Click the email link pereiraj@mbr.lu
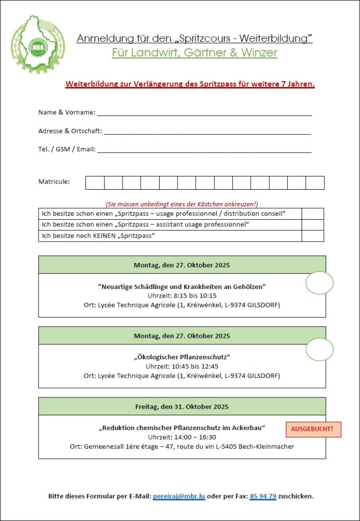pyautogui.click(x=178, y=496)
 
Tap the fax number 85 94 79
pyautogui.click(x=262, y=496)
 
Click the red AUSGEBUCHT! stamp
pyautogui.click(x=313, y=429)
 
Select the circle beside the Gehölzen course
pyautogui.click(x=319, y=283)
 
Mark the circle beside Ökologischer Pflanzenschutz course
pyautogui.click(x=319, y=350)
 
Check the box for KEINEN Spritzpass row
pyautogui.click(x=312, y=236)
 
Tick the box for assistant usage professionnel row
pyautogui.click(x=312, y=225)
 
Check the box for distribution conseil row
pyautogui.click(x=312, y=214)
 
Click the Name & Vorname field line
pyautogui.click(x=204, y=113)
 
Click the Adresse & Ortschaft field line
pyautogui.click(x=206, y=132)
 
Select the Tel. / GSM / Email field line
pyautogui.click(x=204, y=151)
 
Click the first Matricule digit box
pyautogui.click(x=95, y=183)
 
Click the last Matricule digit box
pyautogui.click(x=315, y=183)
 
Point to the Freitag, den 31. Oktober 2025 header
pyautogui.click(x=182, y=407)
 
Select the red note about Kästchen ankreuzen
pyautogui.click(x=182, y=203)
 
